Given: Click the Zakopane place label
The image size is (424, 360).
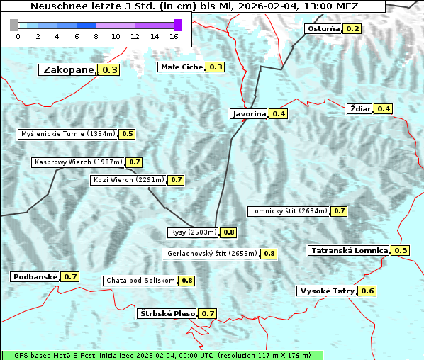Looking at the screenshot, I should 68,70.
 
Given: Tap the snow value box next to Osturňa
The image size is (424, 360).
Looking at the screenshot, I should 352,29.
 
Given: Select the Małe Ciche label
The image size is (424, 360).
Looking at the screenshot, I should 182,67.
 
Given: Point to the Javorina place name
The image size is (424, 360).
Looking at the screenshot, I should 249,114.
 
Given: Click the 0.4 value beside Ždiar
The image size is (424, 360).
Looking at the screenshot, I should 384,108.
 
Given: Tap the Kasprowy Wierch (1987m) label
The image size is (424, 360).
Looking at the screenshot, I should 78,162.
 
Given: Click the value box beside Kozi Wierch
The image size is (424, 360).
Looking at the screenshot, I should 177,180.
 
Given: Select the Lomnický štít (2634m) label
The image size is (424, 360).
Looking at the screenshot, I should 289,211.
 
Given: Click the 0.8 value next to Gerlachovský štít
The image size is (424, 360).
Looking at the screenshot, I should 269,254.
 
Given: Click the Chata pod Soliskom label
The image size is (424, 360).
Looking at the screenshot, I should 140,281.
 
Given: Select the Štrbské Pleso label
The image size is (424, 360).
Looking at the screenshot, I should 166,313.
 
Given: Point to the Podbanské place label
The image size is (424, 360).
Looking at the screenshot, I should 34,276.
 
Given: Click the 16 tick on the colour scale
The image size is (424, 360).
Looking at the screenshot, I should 174,35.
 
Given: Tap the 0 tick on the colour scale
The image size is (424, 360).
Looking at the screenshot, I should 18,35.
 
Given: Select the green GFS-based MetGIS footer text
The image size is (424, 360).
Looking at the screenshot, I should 162,355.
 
